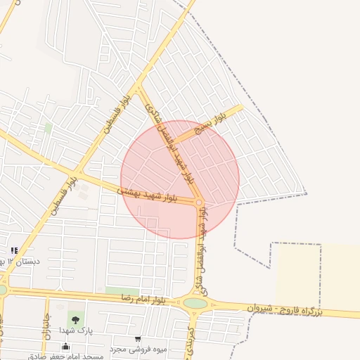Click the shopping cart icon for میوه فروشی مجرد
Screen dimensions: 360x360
(137, 339)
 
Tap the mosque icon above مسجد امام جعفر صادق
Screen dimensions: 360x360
(66, 346)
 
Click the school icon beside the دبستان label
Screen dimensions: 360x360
(13, 251)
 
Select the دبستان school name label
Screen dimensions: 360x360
(21, 261)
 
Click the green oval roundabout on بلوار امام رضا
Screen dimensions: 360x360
(195, 304)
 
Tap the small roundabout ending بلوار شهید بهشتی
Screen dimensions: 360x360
(200, 203)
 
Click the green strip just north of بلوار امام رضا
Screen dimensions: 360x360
(123, 290)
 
